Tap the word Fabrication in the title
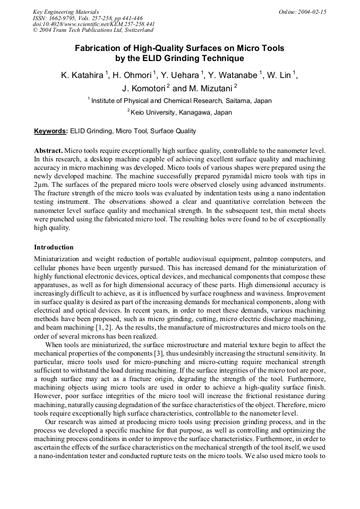tap(99, 48)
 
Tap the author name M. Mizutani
tap(210, 88)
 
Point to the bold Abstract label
tap(48, 151)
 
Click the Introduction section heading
tap(54, 247)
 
